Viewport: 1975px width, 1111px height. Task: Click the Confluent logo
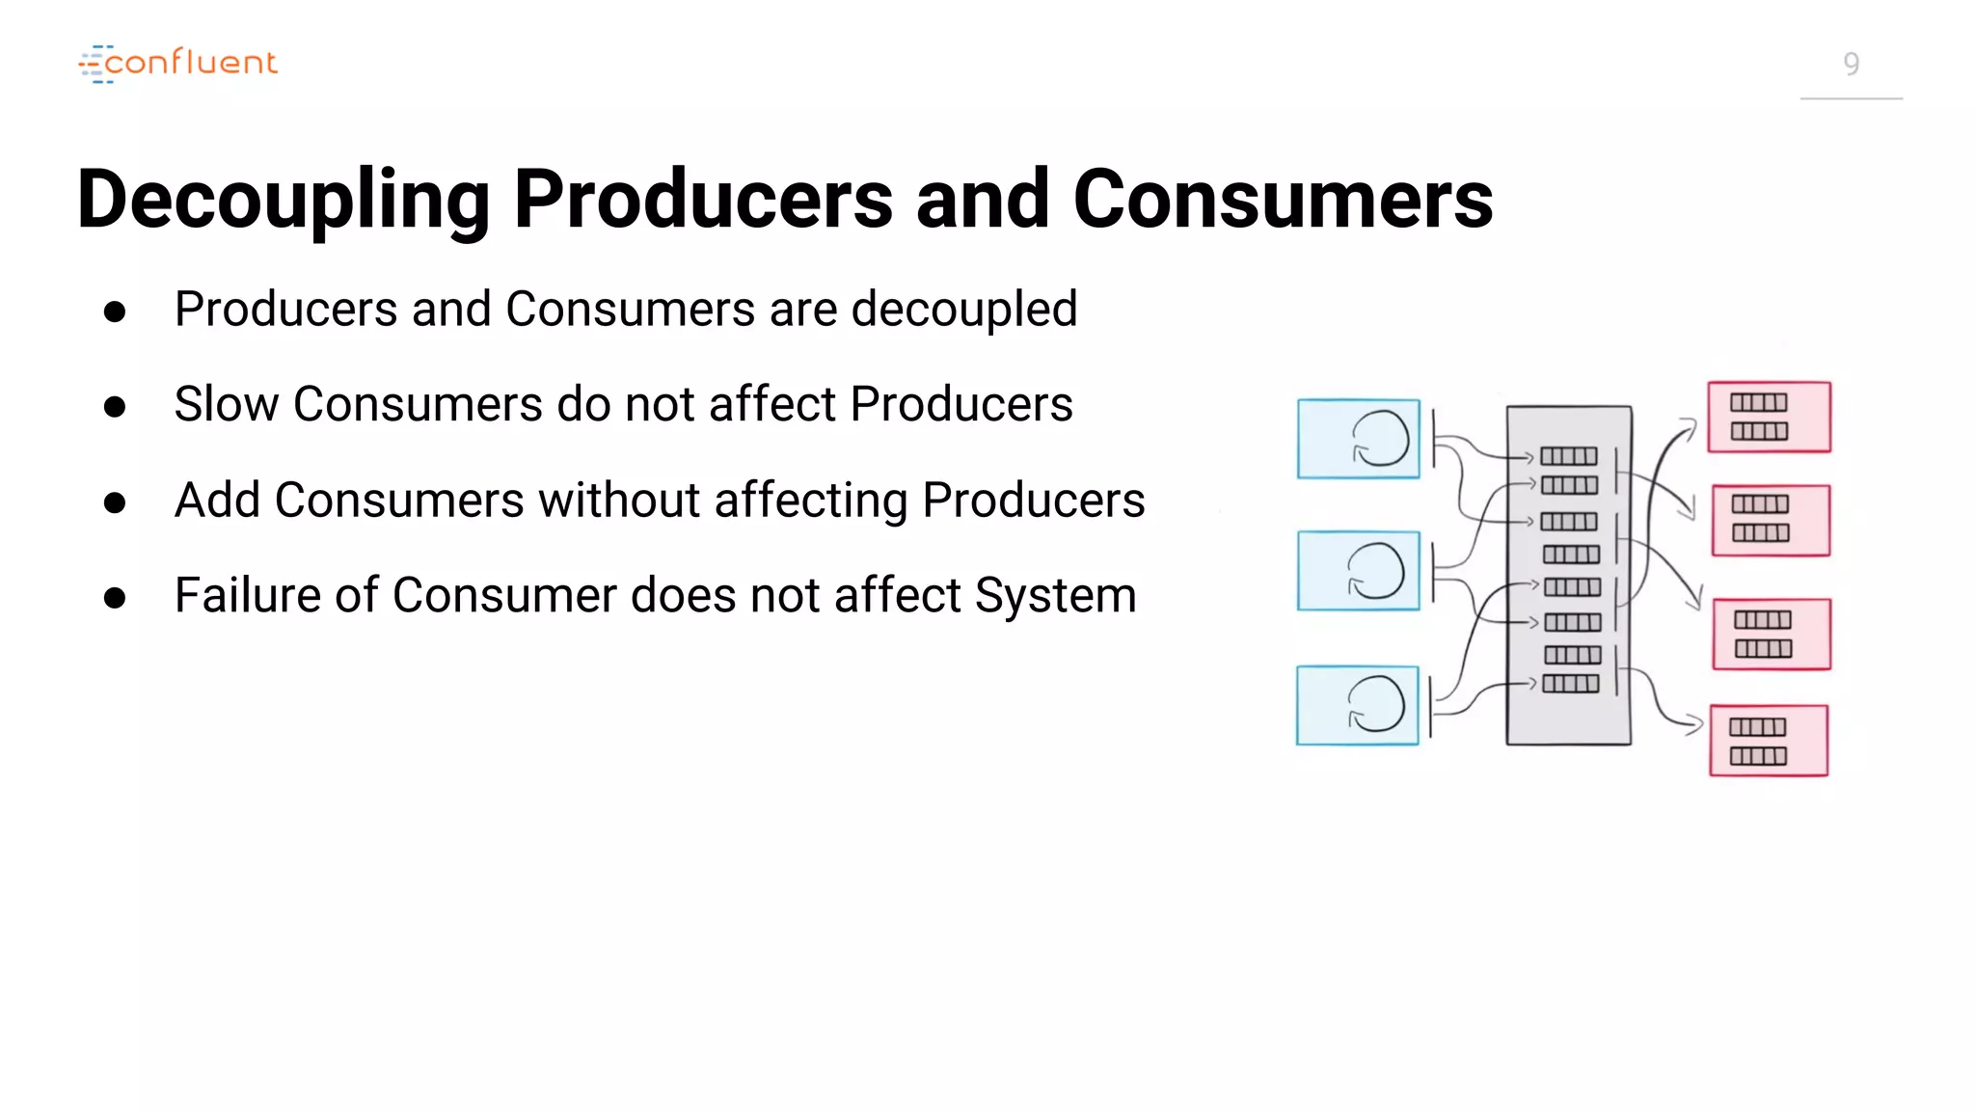click(178, 64)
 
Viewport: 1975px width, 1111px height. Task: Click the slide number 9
click(1851, 65)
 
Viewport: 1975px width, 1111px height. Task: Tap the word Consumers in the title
click(1283, 199)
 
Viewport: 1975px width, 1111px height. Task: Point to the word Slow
click(226, 404)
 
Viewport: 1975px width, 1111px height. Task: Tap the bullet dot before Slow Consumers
click(115, 407)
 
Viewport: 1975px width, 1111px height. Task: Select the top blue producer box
click(1358, 439)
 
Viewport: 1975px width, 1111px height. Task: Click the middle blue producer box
click(1358, 571)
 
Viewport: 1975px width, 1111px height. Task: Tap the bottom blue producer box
click(1357, 705)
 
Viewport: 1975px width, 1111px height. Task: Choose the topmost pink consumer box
click(1769, 417)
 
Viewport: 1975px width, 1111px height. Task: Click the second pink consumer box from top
click(1771, 521)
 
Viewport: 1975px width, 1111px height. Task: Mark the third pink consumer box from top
click(1772, 634)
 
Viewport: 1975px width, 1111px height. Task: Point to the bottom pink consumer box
click(1769, 741)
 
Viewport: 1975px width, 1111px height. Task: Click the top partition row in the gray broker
click(1569, 456)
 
